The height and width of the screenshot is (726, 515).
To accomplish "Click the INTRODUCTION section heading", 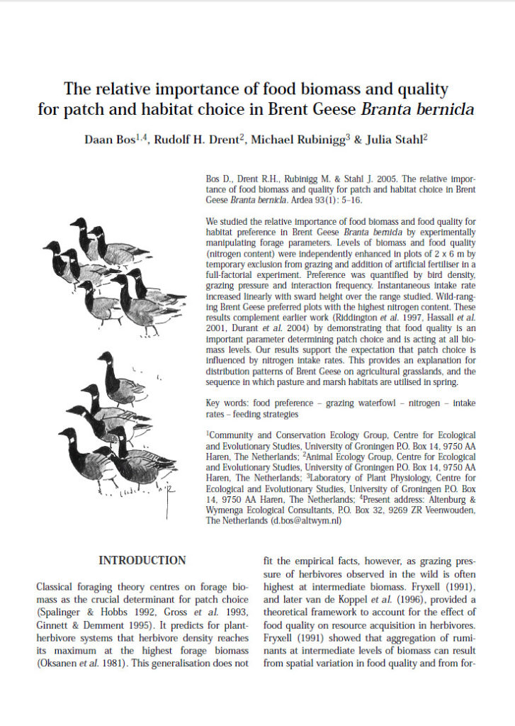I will point(142,561).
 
